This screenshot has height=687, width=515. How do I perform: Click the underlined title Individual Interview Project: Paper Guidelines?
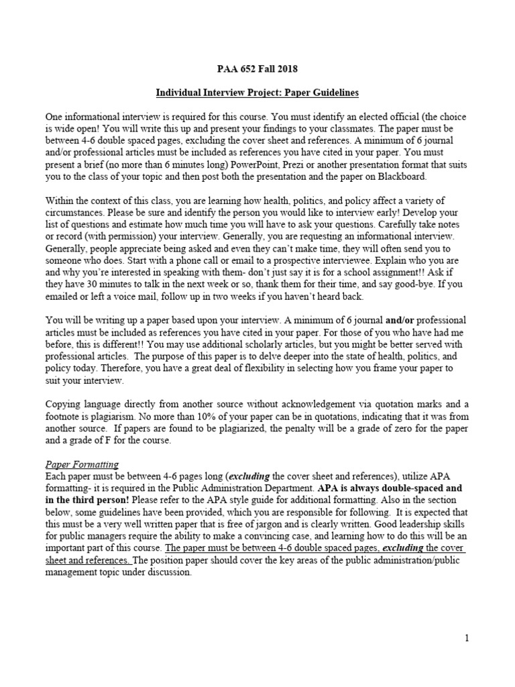click(x=257, y=92)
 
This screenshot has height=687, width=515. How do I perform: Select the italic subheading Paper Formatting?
click(x=82, y=464)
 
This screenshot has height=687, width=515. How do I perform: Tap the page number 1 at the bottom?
click(x=465, y=638)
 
